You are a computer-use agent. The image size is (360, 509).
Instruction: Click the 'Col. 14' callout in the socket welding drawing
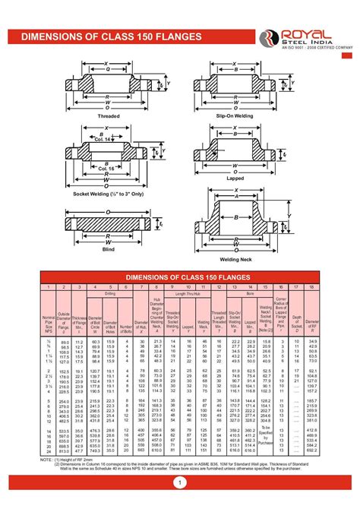tap(104, 138)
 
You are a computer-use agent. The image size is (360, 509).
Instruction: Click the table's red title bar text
tap(180, 277)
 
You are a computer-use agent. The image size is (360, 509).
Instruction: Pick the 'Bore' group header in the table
tap(251, 292)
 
